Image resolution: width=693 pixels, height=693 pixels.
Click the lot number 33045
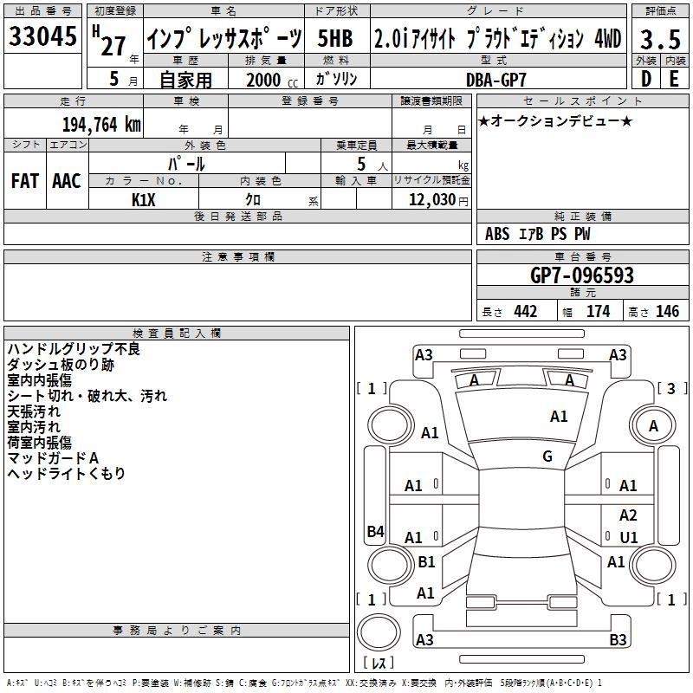coord(42,36)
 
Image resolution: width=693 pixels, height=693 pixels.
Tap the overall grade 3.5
coord(660,39)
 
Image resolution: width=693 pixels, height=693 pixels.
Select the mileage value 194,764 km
coord(101,125)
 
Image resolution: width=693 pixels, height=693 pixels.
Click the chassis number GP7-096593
coord(581,275)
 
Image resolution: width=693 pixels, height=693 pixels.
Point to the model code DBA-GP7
coord(495,80)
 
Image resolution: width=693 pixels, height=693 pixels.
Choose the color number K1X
coord(144,200)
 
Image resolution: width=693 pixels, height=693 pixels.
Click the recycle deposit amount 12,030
coord(431,200)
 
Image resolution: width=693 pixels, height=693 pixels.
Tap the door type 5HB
coord(335,38)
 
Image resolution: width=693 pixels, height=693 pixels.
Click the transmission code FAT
coord(25,181)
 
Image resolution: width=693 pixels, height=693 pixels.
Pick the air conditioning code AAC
coord(67,181)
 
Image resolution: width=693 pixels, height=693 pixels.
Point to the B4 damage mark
coord(376,531)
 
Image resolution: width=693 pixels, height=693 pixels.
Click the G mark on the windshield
coord(547,457)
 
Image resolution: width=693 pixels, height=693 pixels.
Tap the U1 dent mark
coord(629,537)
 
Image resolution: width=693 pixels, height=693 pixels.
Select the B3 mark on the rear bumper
coord(618,639)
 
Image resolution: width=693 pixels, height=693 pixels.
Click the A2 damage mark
coord(628,515)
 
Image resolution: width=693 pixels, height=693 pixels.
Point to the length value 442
coord(526,312)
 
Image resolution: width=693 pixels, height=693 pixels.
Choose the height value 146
coord(667,312)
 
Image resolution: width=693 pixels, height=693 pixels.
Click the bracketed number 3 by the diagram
coord(671,388)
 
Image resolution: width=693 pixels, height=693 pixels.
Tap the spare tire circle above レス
coord(379,631)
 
